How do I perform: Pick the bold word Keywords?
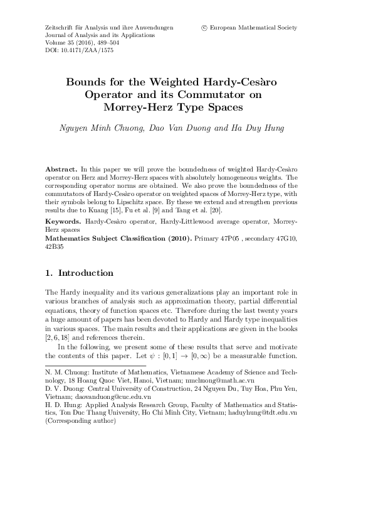coord(63,222)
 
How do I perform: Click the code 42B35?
coord(55,247)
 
